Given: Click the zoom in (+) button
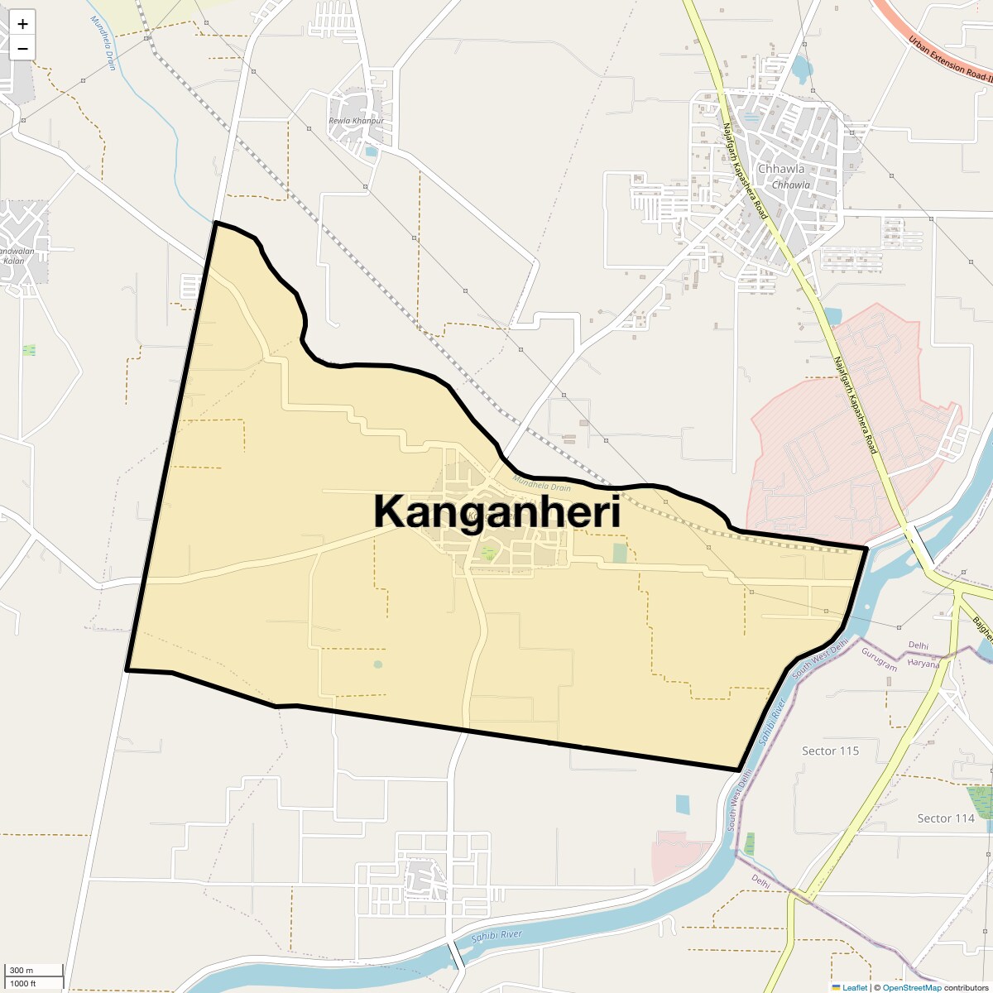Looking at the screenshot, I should click(22, 23).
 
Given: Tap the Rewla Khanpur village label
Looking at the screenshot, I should click(357, 121).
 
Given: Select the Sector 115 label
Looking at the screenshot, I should click(830, 751).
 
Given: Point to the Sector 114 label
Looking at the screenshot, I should click(945, 818).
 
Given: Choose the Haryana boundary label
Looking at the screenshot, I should click(923, 664).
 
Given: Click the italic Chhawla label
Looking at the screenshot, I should click(790, 185).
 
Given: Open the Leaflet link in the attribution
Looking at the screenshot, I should click(854, 987).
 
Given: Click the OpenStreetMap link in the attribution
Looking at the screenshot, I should click(911, 987).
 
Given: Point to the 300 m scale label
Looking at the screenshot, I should click(22, 971).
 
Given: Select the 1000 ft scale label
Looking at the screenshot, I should click(23, 983).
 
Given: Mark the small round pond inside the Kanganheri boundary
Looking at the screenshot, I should click(378, 664).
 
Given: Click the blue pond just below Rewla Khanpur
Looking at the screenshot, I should click(371, 151).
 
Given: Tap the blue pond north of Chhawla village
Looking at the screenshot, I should click(801, 69).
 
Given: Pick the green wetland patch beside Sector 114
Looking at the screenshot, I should click(981, 801).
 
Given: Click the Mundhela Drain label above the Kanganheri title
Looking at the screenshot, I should click(541, 482).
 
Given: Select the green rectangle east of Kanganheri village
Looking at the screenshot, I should click(620, 553).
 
